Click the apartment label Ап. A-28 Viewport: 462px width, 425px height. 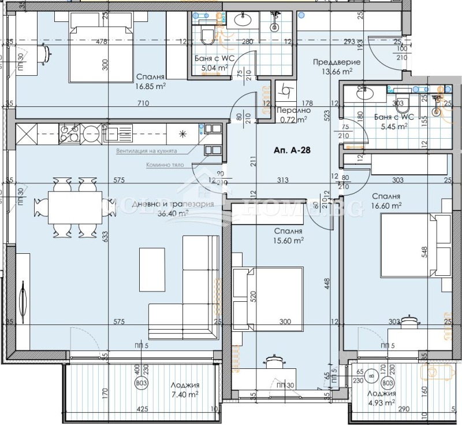292,150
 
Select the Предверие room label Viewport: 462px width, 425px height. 337,62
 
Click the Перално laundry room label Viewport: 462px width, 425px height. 294,110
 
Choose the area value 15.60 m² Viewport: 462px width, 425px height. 289,241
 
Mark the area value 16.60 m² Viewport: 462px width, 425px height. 387,205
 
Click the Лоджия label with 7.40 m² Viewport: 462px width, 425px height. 185,386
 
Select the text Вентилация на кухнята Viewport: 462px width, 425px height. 147,150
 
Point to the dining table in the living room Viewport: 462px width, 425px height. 72,205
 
